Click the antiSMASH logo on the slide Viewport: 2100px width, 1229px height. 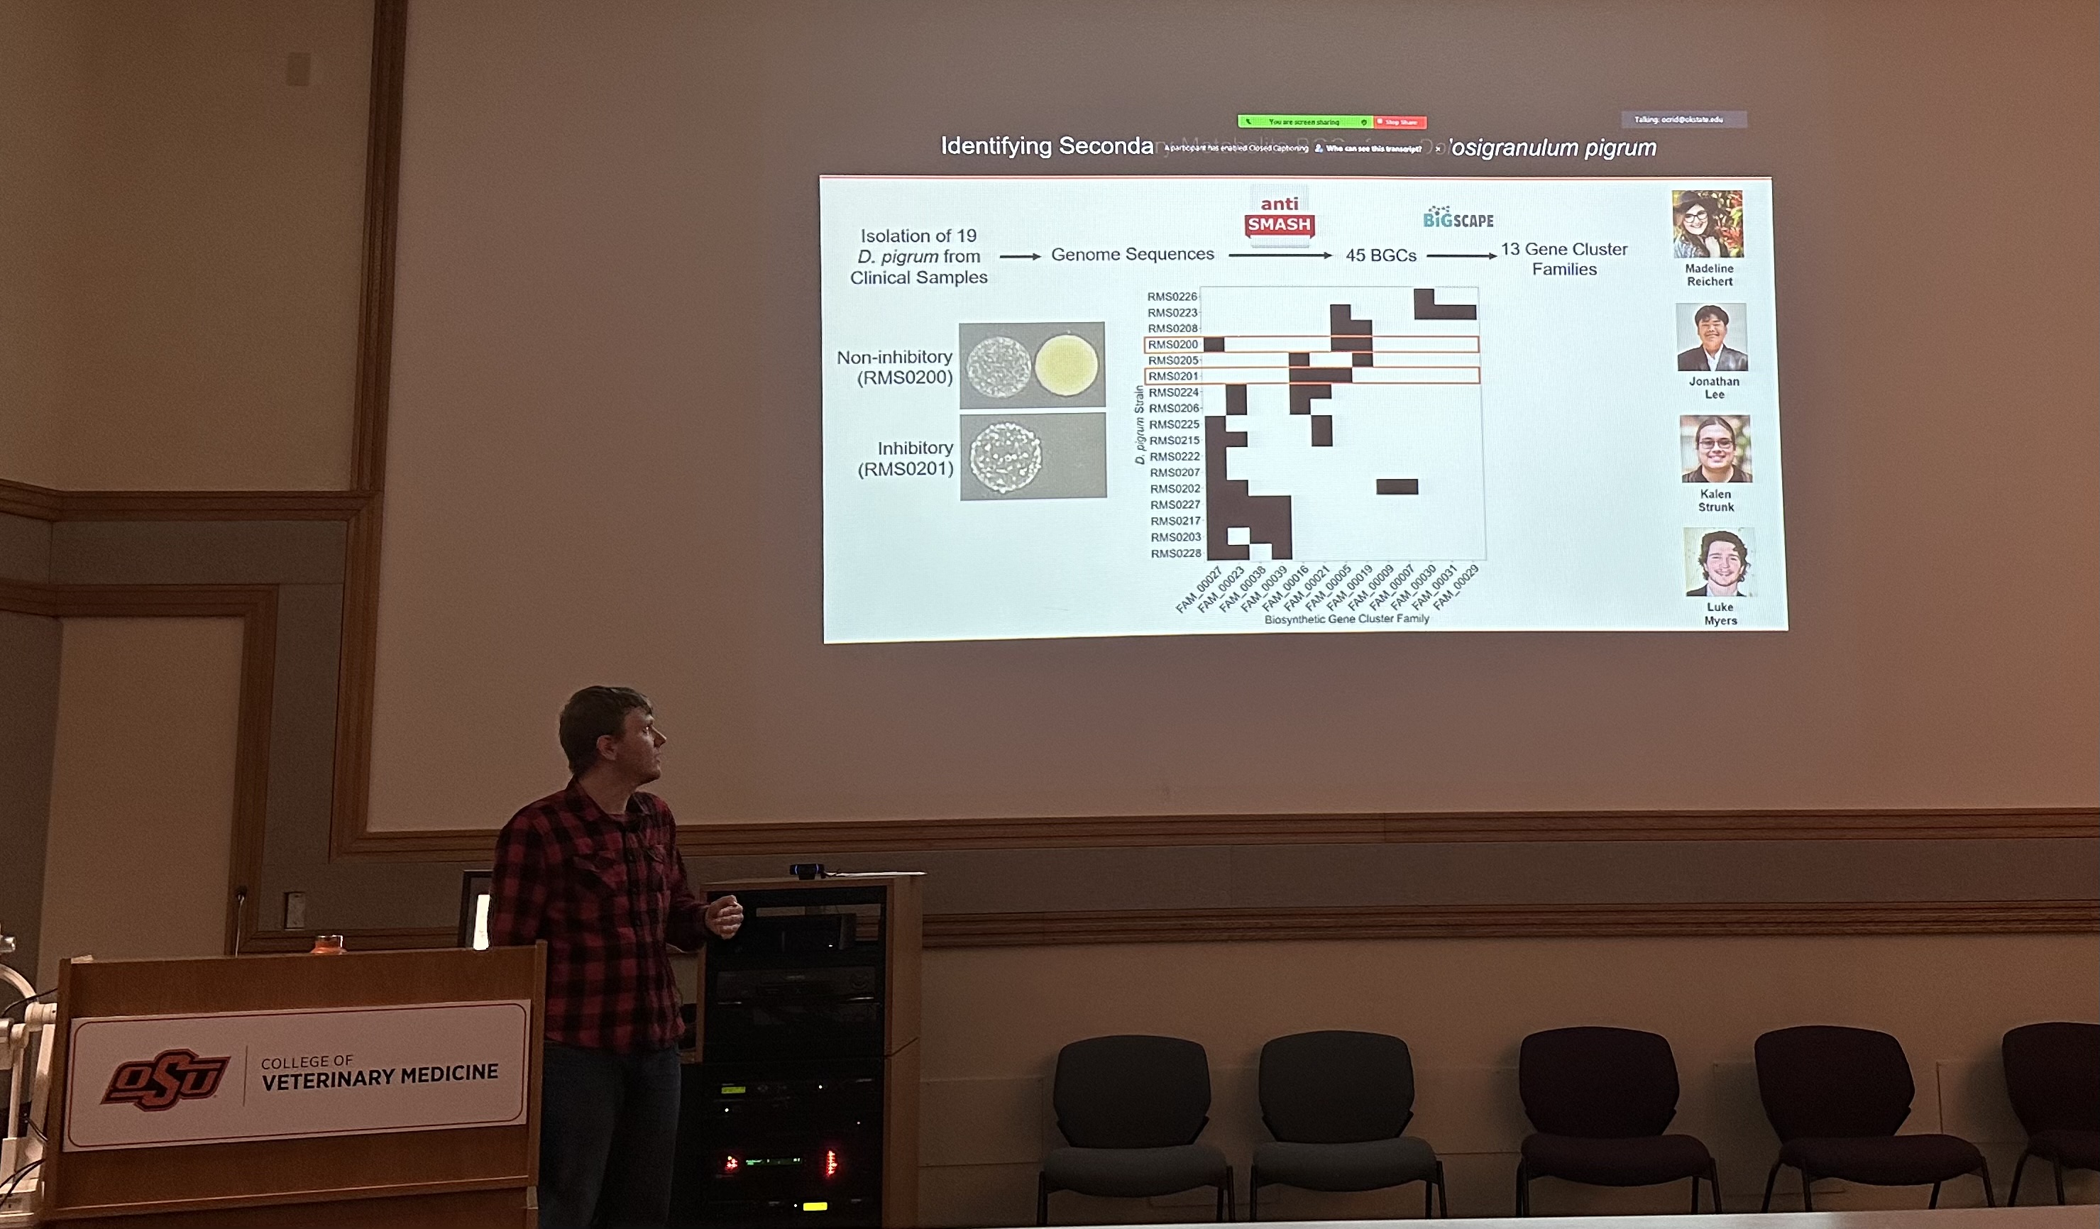tap(1279, 216)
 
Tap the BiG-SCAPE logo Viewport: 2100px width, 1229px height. tap(1458, 219)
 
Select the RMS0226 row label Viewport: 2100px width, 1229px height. tap(1172, 297)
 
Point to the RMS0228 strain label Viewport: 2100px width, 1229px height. tap(1176, 554)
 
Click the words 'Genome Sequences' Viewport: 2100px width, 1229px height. tap(1132, 254)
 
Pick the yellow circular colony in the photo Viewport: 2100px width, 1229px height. tap(1066, 365)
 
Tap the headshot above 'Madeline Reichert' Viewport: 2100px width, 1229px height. tap(1707, 224)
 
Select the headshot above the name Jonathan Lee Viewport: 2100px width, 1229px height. tap(1712, 338)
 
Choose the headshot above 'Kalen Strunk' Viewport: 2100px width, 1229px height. tap(1715, 449)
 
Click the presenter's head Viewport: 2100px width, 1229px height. tap(610, 732)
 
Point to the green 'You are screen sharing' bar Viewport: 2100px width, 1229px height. tap(1304, 121)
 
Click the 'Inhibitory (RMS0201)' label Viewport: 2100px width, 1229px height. tap(906, 458)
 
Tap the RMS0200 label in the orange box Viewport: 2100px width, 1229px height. tap(1172, 345)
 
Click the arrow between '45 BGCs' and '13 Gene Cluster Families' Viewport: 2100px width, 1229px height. tap(1461, 255)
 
